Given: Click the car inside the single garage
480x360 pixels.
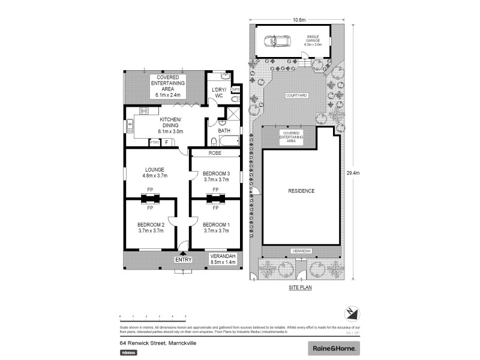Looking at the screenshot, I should (x=278, y=41).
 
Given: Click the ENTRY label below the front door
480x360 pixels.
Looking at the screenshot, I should (x=183, y=260).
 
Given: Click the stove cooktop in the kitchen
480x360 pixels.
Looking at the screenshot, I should (x=145, y=110).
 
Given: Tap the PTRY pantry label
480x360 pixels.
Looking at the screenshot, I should (x=155, y=142).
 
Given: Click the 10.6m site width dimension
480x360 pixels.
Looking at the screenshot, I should (x=299, y=19).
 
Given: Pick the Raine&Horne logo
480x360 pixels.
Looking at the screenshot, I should (x=334, y=347).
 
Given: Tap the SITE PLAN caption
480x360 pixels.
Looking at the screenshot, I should (x=299, y=287).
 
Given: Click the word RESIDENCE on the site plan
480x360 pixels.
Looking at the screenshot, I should (x=301, y=191).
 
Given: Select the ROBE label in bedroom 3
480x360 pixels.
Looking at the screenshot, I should (x=215, y=153).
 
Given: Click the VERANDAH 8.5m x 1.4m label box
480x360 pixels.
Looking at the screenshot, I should (x=222, y=259).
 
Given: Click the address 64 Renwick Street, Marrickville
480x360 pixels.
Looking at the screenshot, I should (x=158, y=343).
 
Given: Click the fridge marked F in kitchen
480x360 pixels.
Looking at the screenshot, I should (x=167, y=142).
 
